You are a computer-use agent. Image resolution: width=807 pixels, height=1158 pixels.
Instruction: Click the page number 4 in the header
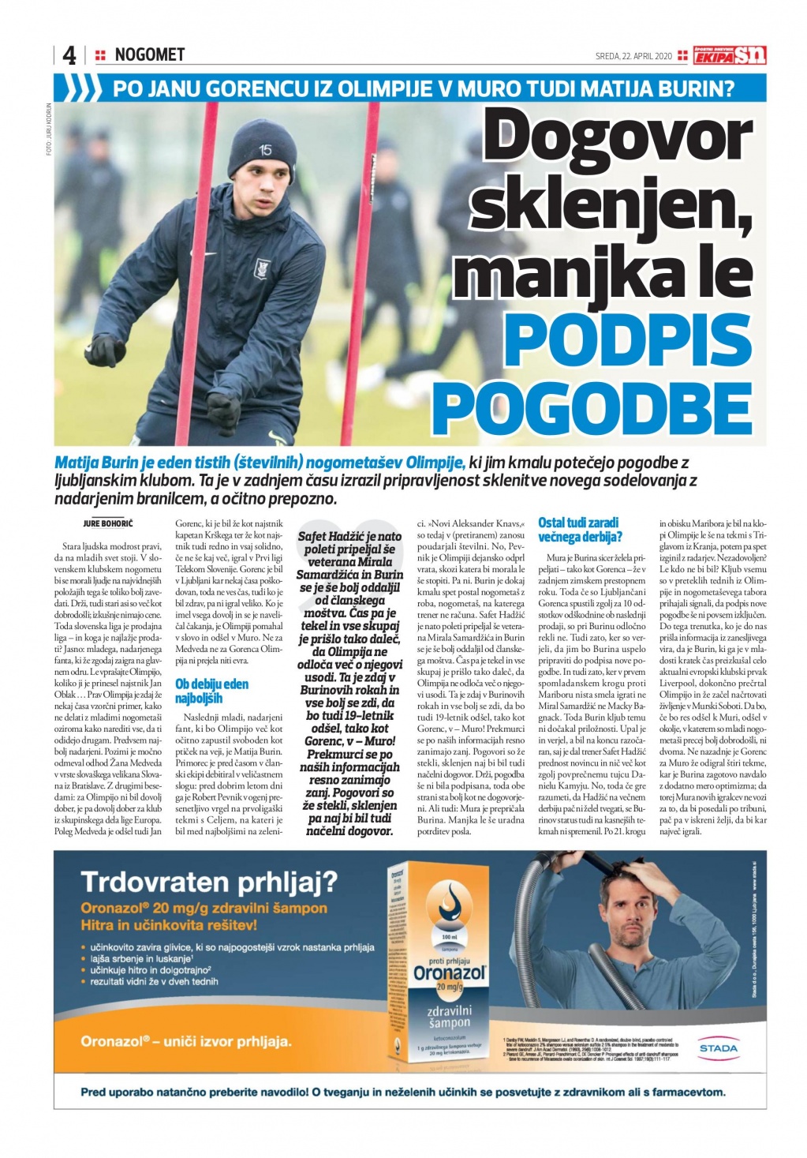69,55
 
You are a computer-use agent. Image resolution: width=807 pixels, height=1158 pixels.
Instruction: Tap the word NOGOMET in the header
149,54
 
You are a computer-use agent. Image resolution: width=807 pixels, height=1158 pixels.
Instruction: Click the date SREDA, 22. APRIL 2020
633,56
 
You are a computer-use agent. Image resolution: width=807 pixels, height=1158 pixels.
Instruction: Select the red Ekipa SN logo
730,55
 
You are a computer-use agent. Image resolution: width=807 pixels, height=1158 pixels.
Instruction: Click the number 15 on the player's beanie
265,150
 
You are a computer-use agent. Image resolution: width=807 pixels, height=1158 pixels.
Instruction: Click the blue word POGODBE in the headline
592,407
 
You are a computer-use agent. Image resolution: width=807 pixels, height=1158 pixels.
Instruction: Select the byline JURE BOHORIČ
108,523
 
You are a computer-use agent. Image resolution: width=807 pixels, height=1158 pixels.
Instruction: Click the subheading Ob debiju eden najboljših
211,691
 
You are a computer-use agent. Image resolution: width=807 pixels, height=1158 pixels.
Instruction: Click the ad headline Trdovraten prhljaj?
209,881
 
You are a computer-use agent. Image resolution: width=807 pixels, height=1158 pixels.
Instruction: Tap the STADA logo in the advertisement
718,1047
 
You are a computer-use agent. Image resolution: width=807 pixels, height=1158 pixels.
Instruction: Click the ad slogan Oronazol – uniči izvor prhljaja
185,1041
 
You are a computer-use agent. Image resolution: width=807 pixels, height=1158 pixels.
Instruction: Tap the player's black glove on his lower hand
223,410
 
